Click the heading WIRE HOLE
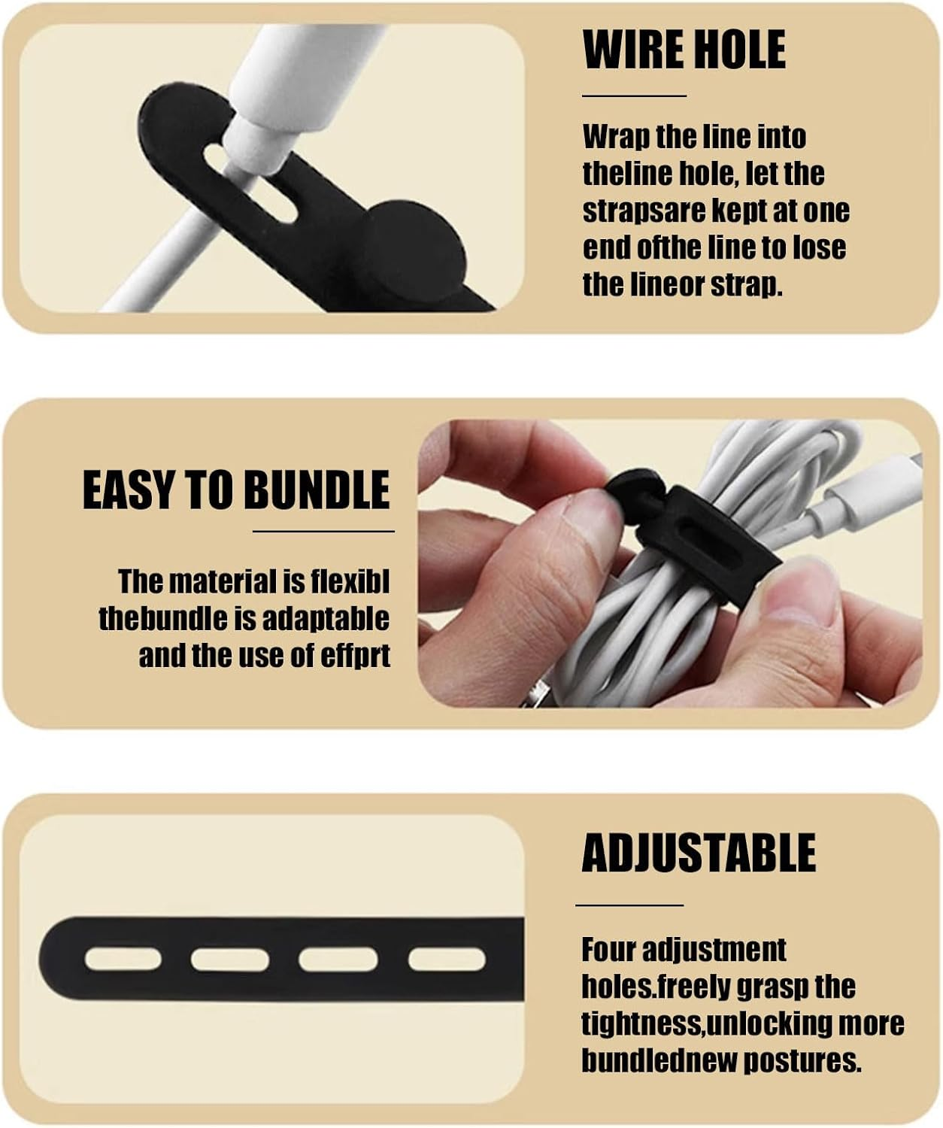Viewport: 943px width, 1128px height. (684, 50)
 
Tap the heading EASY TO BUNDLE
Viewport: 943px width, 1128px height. (236, 490)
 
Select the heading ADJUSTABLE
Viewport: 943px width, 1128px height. (699, 853)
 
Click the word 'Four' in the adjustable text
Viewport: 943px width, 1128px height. (608, 950)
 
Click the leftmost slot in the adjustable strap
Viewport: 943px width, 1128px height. (123, 959)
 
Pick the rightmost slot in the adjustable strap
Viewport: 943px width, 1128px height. (447, 959)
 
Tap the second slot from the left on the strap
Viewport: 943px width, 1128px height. (230, 959)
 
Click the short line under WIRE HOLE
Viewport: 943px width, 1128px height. (634, 96)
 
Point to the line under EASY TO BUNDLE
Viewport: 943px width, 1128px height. (323, 532)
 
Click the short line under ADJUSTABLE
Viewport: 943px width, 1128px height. (629, 905)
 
